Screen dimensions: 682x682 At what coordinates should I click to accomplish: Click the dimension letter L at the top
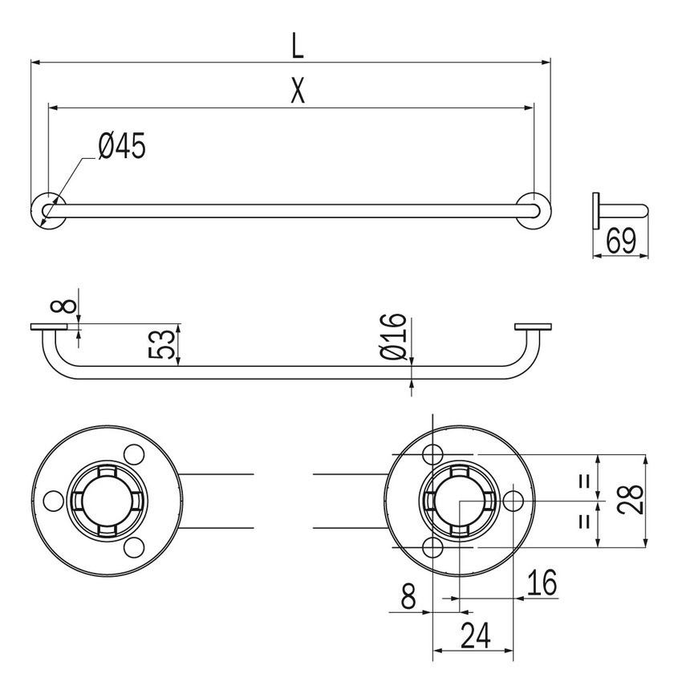coord(298,46)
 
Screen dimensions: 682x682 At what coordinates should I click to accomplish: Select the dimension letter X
coord(298,92)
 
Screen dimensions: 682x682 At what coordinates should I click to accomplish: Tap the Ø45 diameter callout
coord(122,146)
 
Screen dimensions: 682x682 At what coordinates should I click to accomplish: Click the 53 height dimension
coord(164,344)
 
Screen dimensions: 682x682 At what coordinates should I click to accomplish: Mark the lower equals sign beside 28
coord(585,520)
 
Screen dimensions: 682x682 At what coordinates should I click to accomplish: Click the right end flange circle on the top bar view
coord(534,210)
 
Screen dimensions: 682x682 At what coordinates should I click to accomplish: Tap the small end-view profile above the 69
coord(619,210)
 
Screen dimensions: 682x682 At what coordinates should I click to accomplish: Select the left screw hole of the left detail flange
coord(54,501)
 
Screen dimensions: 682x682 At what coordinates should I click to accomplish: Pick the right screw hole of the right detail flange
coord(513,501)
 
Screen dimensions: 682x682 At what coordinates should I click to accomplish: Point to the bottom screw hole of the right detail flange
coord(432,547)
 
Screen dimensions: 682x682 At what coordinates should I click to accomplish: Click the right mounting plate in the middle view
coord(533,327)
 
